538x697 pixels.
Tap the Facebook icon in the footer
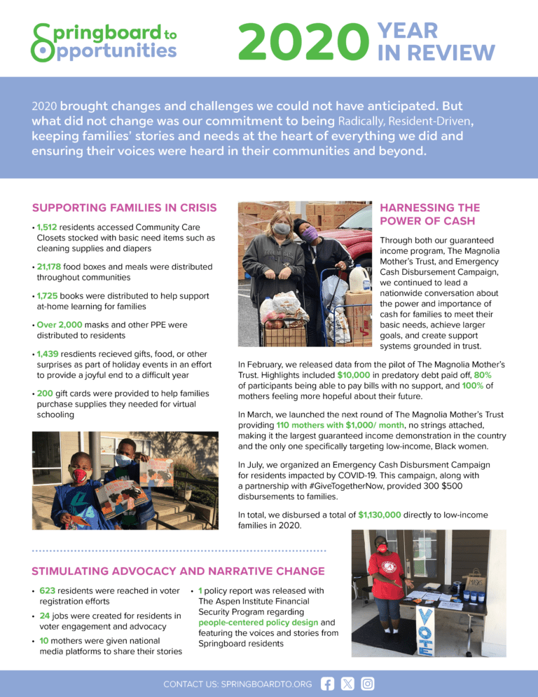click(327, 683)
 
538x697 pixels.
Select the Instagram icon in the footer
click(367, 683)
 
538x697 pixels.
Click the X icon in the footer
click(347, 683)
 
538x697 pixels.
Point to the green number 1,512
click(48, 227)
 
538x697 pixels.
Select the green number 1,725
click(48, 296)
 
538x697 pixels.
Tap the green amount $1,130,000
click(379, 514)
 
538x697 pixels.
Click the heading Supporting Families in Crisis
click(124, 208)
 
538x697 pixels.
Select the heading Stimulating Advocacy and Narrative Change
click(178, 571)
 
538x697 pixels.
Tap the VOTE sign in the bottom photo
click(425, 632)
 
